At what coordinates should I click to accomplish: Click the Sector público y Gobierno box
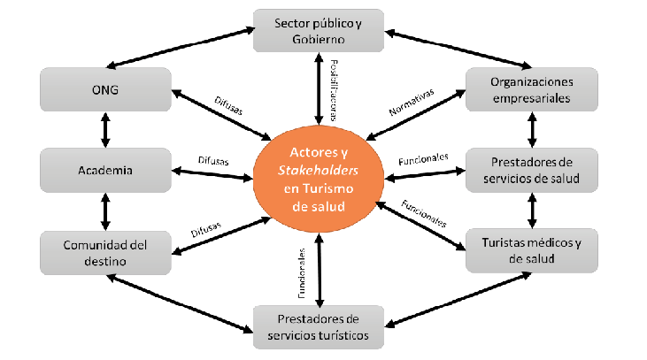click(x=319, y=31)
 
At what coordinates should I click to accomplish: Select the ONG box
click(x=105, y=91)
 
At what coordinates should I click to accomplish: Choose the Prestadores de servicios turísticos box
click(x=319, y=327)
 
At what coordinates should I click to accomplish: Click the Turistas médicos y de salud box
click(x=531, y=250)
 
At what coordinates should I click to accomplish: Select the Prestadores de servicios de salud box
click(x=531, y=170)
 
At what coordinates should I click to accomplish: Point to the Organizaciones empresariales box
click(x=531, y=91)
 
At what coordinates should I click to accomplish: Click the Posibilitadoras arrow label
click(x=335, y=84)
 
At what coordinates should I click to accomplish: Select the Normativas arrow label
click(x=412, y=102)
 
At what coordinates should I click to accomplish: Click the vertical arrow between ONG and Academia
click(x=105, y=130)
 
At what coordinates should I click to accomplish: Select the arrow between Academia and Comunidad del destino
click(x=105, y=210)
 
